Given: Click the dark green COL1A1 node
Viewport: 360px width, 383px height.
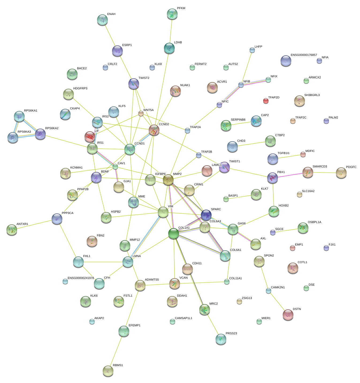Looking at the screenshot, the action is (x=173, y=233).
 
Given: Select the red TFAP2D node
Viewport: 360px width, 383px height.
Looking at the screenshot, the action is (x=266, y=101).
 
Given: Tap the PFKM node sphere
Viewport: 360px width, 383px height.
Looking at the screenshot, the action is (x=172, y=14).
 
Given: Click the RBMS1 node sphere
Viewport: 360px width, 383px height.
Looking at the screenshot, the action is (x=108, y=371).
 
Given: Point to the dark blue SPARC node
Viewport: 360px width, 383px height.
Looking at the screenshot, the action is (x=206, y=215).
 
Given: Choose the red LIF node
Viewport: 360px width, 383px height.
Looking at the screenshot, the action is (x=90, y=137).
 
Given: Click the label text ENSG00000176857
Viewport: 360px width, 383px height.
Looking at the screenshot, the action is (x=304, y=55).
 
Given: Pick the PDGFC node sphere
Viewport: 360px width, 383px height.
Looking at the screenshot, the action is (x=341, y=173).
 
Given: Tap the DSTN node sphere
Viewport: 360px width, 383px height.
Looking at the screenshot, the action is (x=288, y=315).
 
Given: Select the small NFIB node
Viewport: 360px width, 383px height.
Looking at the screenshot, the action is (x=241, y=85).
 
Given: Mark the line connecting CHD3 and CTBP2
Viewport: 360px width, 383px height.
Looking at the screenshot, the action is (x=251, y=144).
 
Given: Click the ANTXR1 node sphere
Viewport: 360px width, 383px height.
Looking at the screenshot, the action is (x=12, y=229).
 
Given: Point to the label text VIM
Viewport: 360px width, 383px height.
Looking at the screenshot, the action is (x=170, y=206).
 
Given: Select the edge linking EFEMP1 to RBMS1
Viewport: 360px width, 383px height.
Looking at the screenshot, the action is (x=116, y=351).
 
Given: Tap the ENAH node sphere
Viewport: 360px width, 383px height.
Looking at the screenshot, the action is (x=102, y=20).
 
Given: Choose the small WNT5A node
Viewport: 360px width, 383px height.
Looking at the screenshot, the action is (x=141, y=114).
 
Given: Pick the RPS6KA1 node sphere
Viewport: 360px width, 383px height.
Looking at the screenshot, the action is (x=19, y=116).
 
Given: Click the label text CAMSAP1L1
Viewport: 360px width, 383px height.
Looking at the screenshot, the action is (x=183, y=318).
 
